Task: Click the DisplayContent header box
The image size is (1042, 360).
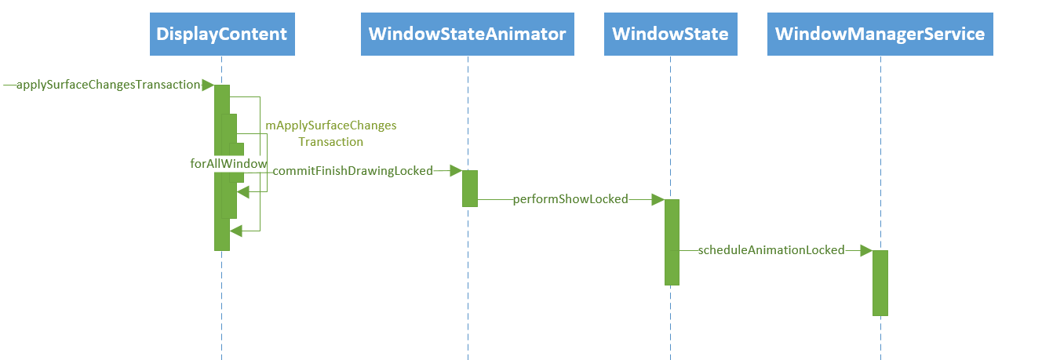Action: pyautogui.click(x=222, y=35)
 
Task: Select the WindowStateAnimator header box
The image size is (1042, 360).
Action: pyautogui.click(x=467, y=35)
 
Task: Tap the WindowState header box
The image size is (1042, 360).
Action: pyautogui.click(x=670, y=35)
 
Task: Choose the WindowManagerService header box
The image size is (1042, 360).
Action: pyautogui.click(x=880, y=35)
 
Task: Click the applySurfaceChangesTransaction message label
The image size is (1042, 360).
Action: pyautogui.click(x=107, y=85)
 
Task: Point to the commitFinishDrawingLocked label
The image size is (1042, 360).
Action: pyautogui.click(x=352, y=171)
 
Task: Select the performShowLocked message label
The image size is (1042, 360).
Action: pyautogui.click(x=570, y=199)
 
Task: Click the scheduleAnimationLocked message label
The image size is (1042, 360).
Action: pyautogui.click(x=771, y=250)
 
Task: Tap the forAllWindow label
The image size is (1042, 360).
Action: pyautogui.click(x=228, y=163)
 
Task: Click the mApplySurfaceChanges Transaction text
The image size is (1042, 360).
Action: pyautogui.click(x=330, y=133)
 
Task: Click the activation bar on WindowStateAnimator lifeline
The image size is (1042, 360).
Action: pyautogui.click(x=469, y=188)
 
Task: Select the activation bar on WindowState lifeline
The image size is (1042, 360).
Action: pyautogui.click(x=672, y=242)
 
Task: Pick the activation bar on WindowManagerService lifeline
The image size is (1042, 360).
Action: pyautogui.click(x=880, y=283)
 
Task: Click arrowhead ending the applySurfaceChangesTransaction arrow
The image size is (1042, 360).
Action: pyautogui.click(x=207, y=85)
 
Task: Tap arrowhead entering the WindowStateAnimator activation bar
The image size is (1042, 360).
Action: pyautogui.click(x=455, y=170)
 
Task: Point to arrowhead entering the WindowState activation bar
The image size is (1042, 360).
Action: pyautogui.click(x=658, y=199)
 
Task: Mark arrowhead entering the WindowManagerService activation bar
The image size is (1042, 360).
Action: pyautogui.click(x=865, y=250)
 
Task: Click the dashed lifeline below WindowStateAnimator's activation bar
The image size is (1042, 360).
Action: pyautogui.click(x=468, y=282)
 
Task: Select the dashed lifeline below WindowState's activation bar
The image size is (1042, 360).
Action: pyautogui.click(x=671, y=322)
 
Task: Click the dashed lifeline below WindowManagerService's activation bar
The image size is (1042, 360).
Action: pyautogui.click(x=880, y=337)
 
